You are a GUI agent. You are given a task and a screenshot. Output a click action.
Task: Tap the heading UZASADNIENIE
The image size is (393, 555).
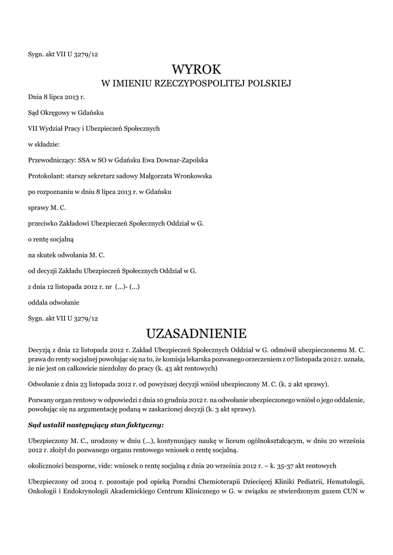click(x=197, y=332)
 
